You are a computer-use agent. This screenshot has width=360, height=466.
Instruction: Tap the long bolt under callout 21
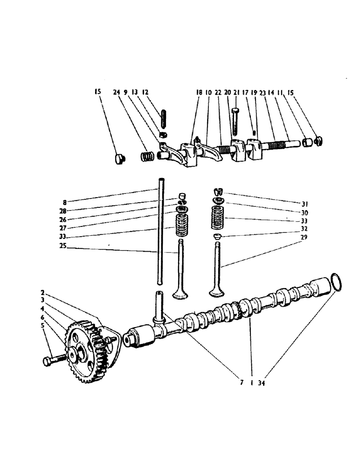[235, 120]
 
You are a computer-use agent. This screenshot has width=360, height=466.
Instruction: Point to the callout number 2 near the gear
[42, 293]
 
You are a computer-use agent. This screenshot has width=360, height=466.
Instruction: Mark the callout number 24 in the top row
[117, 92]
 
